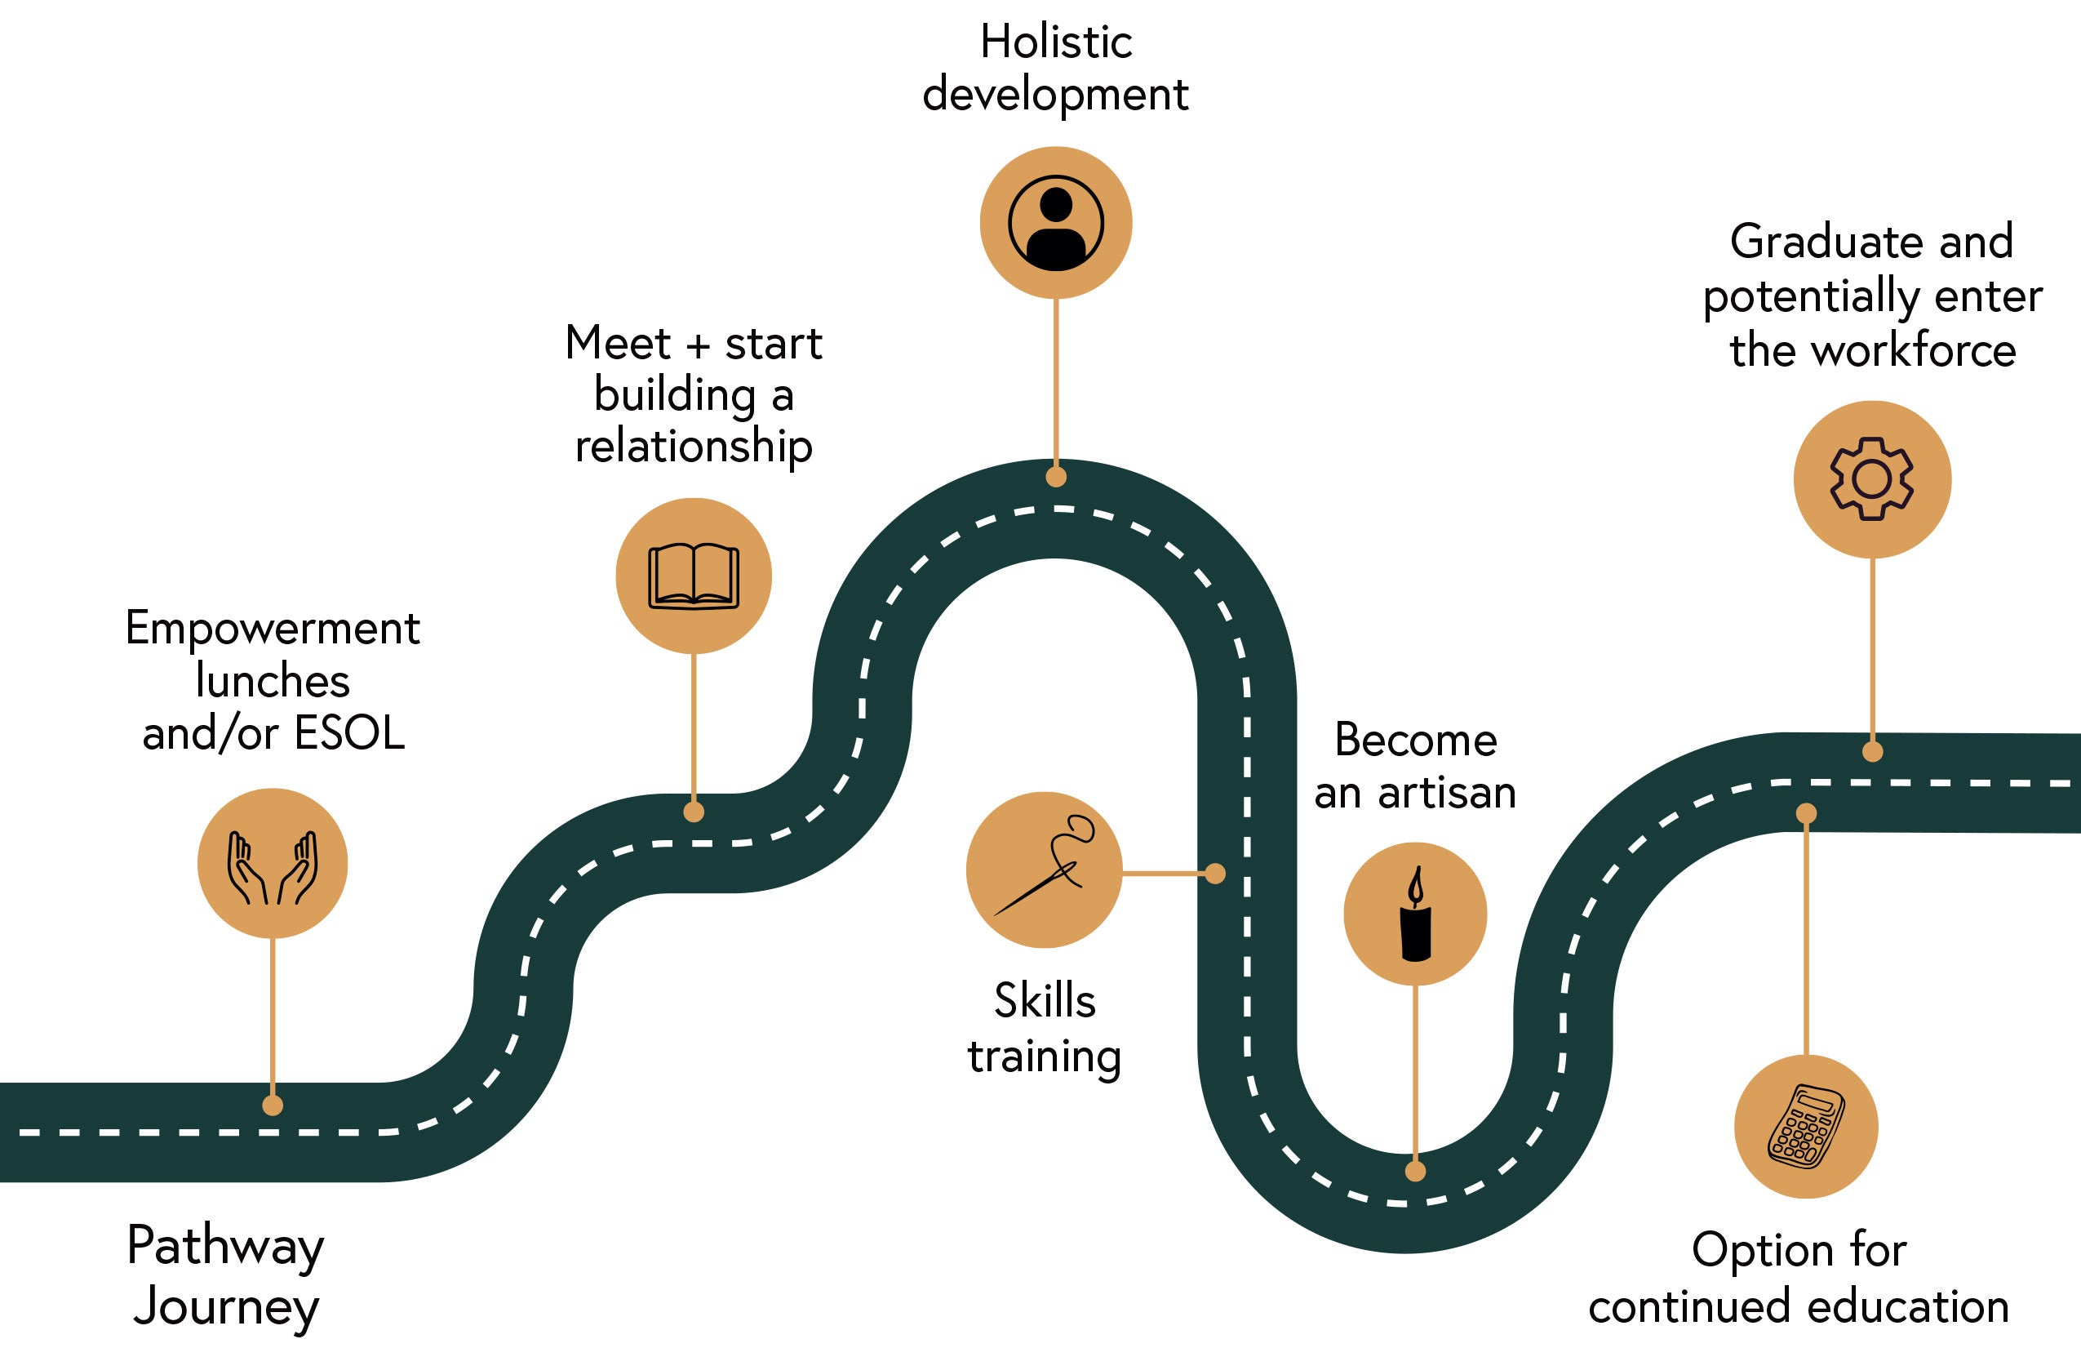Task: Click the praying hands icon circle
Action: click(x=272, y=863)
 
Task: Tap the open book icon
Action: click(x=694, y=576)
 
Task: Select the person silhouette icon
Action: click(x=1055, y=223)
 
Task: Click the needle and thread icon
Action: click(x=1044, y=870)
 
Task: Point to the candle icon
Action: click(x=1415, y=914)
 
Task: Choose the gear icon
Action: click(x=1872, y=479)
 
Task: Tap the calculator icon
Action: click(x=1805, y=1126)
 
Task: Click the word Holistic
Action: click(x=1056, y=42)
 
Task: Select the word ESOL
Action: click(x=350, y=733)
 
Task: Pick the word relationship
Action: click(x=694, y=447)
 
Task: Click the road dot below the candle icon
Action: click(x=1416, y=1172)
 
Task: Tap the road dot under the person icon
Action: click(x=1056, y=477)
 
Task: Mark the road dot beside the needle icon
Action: click(x=1215, y=873)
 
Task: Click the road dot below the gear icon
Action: click(x=1872, y=751)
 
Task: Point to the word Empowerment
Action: click(x=272, y=628)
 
